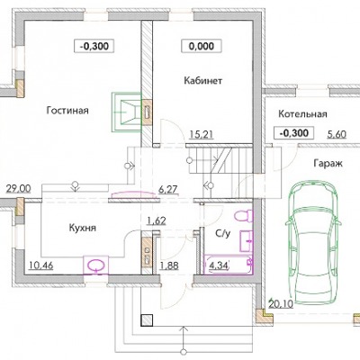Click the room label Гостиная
coord(67,111)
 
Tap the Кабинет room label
coord(202,81)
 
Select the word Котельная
coord(302,114)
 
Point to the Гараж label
coord(328,164)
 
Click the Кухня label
coord(83,228)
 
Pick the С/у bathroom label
coord(223,233)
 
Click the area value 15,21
coord(202,134)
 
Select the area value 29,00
coord(19,189)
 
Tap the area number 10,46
coord(41,265)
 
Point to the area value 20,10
coord(281,304)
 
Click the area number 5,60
coord(337,134)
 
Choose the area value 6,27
coord(168,190)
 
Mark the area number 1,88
coord(169,265)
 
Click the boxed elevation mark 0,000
coord(202,46)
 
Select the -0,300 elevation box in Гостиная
coord(94,47)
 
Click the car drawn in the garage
coord(313,242)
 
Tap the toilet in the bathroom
coord(243,216)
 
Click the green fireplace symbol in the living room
coord(126,112)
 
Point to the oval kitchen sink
coord(96,265)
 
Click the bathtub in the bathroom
coord(229,265)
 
